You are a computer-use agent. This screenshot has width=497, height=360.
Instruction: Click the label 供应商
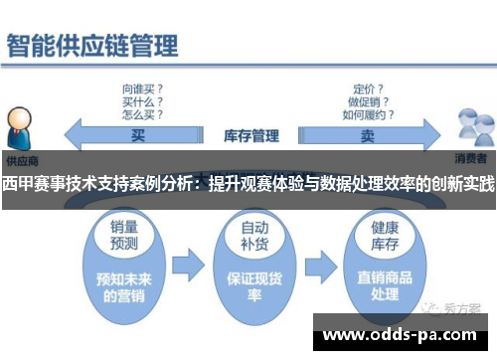point(20,159)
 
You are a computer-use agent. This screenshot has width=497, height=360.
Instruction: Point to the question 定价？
point(368,87)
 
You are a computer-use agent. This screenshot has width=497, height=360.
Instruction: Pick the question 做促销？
point(368,99)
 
